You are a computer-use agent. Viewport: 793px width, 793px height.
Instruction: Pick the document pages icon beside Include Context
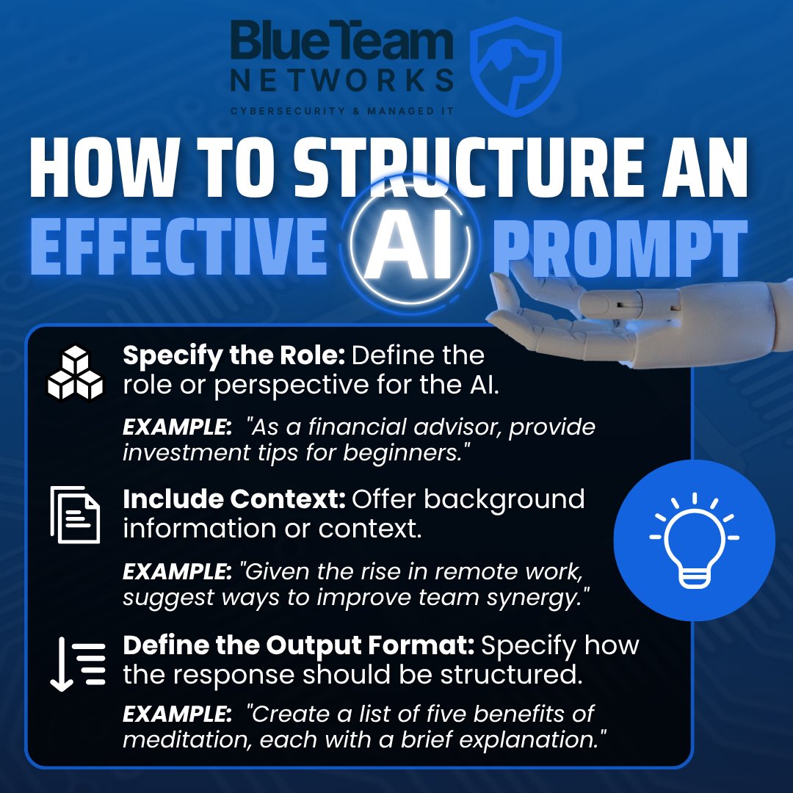tap(75, 514)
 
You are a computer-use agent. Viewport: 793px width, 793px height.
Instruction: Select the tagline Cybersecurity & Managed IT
tap(342, 110)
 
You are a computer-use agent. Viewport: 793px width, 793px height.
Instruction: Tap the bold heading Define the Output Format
tap(299, 645)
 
